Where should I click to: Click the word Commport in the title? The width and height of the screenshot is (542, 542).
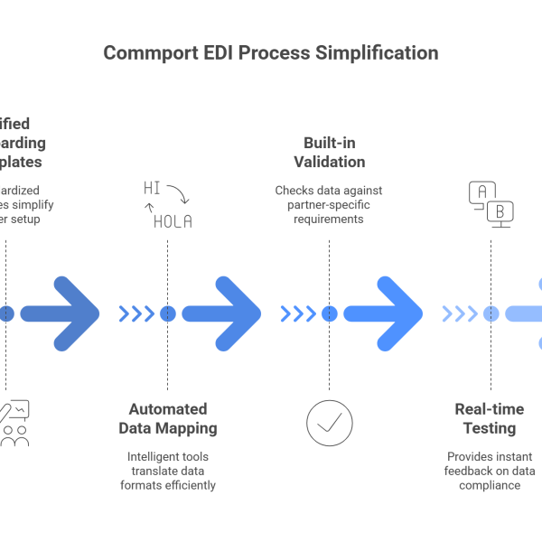(x=146, y=53)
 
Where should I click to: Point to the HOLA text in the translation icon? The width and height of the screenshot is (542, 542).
(x=172, y=221)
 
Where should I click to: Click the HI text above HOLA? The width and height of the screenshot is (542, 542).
(x=153, y=188)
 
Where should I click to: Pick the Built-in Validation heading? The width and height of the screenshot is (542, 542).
(x=329, y=153)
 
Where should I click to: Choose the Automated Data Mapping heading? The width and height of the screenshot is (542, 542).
(x=167, y=418)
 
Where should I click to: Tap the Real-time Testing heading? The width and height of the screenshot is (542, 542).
(x=490, y=418)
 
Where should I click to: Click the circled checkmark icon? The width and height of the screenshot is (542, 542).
(x=329, y=422)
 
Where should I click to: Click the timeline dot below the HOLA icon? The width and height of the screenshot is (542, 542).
(x=167, y=313)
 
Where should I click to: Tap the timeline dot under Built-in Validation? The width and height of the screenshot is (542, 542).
(x=329, y=313)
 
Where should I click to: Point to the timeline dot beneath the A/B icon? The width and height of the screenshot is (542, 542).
(x=491, y=313)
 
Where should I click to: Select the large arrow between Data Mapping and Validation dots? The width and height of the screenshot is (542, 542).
(x=221, y=313)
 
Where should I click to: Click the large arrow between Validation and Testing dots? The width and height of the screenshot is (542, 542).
(x=383, y=313)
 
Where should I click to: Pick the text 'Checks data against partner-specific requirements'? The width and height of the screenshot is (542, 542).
(x=329, y=205)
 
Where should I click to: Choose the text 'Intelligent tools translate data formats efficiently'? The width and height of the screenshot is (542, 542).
(x=167, y=471)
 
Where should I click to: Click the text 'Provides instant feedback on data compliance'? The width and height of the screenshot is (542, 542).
(x=490, y=471)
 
